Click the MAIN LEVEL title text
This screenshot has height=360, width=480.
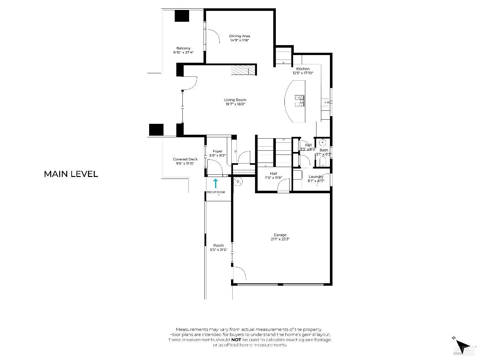point(71,174)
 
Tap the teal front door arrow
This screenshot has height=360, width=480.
point(216,183)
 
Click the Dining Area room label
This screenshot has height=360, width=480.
point(239,36)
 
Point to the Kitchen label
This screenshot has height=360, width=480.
point(303,69)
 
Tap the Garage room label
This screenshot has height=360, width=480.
point(280,235)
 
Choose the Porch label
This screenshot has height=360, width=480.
point(219,245)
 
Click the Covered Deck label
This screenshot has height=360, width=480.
point(185,159)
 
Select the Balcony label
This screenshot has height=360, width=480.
point(183,48)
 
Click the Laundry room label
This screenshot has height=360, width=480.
point(316,177)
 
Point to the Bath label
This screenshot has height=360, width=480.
point(324,150)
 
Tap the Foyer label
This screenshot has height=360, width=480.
point(218,151)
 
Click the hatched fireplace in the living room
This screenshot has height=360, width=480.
point(243,70)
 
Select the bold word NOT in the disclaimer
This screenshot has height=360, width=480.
point(236,340)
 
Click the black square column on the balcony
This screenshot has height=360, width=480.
point(182,16)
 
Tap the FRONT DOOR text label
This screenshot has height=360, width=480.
point(216,192)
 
